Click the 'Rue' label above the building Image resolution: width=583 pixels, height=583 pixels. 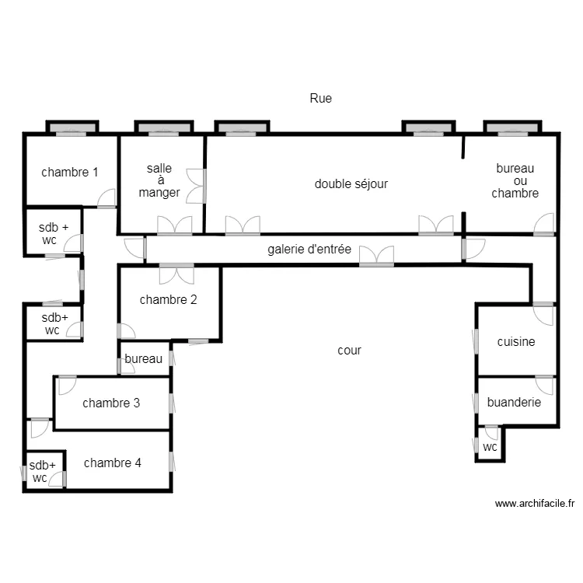[x=320, y=98]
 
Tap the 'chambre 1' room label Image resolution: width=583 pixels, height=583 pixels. [x=70, y=172]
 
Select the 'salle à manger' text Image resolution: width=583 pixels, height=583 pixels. [x=159, y=180]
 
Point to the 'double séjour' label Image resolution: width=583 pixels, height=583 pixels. [x=351, y=183]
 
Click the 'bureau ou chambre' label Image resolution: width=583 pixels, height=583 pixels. [x=515, y=180]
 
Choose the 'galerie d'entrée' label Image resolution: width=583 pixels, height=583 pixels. [x=309, y=250]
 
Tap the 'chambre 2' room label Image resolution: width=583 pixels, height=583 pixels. [x=168, y=299]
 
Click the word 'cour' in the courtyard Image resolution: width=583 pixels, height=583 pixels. [x=349, y=350]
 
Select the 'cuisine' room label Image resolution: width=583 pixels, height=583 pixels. [x=516, y=341]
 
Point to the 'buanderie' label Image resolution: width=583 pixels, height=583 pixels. [x=514, y=402]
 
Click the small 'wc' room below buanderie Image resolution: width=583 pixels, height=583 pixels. [x=490, y=447]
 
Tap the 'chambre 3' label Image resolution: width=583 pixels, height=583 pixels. [x=111, y=403]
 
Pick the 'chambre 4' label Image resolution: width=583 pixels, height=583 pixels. [x=113, y=463]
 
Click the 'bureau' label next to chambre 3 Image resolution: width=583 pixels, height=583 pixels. [x=144, y=358]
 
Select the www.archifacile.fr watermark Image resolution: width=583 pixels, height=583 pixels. [x=535, y=504]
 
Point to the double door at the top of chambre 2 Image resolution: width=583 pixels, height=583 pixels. [x=176, y=274]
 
